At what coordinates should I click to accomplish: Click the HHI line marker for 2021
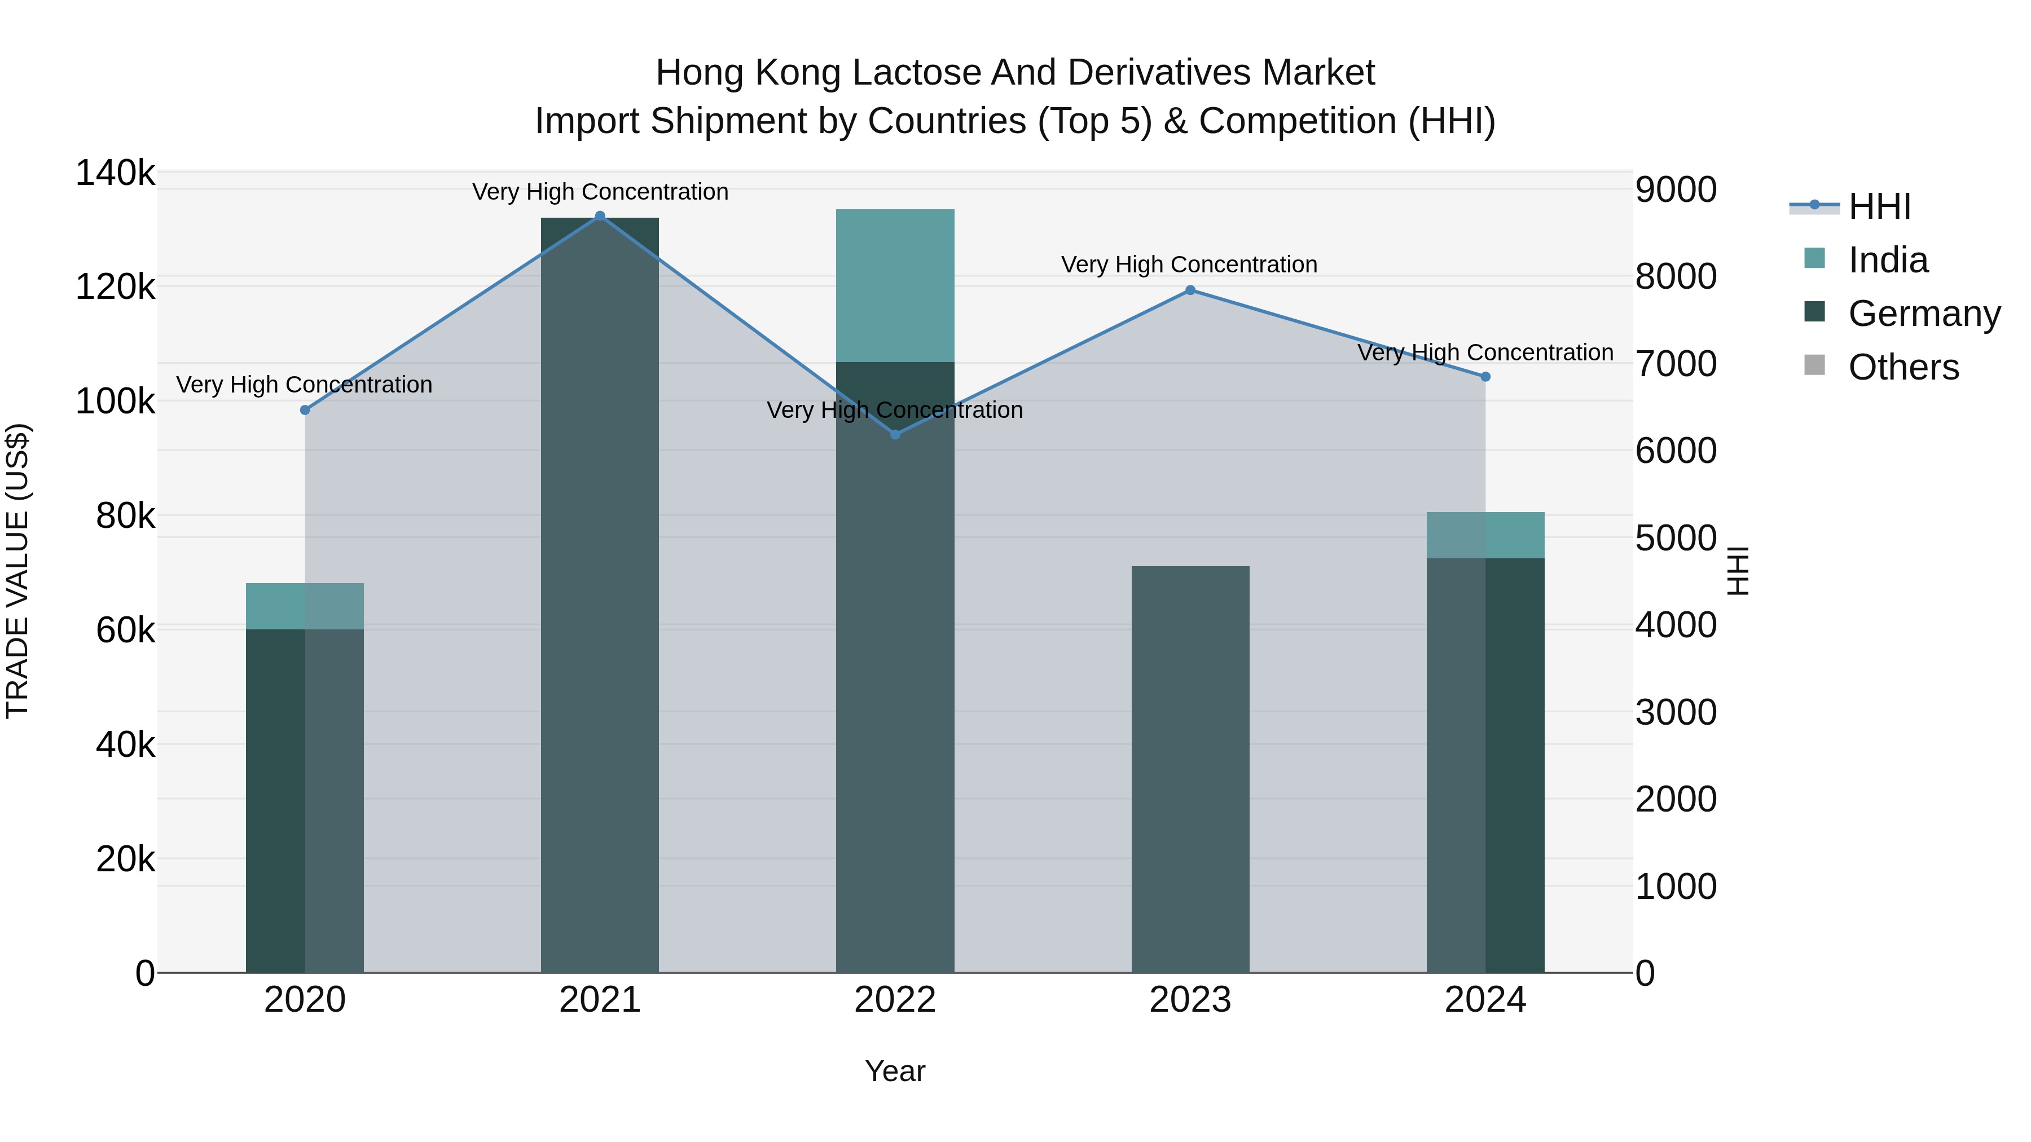600,216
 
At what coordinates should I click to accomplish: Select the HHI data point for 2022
895,434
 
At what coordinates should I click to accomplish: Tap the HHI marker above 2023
1190,290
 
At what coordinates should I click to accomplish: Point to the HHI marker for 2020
305,410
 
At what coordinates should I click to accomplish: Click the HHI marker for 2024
1485,377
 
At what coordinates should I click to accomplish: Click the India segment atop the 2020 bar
305,606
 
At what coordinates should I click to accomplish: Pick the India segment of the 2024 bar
1485,535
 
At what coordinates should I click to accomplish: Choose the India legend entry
1888,260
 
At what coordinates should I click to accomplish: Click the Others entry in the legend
1902,367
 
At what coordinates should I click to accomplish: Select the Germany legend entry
1923,314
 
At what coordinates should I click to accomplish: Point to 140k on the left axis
115,173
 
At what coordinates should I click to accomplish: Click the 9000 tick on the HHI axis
1676,190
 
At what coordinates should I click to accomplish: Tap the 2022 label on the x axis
895,1000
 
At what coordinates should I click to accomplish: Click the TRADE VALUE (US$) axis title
18,571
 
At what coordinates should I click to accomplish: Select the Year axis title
895,1071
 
